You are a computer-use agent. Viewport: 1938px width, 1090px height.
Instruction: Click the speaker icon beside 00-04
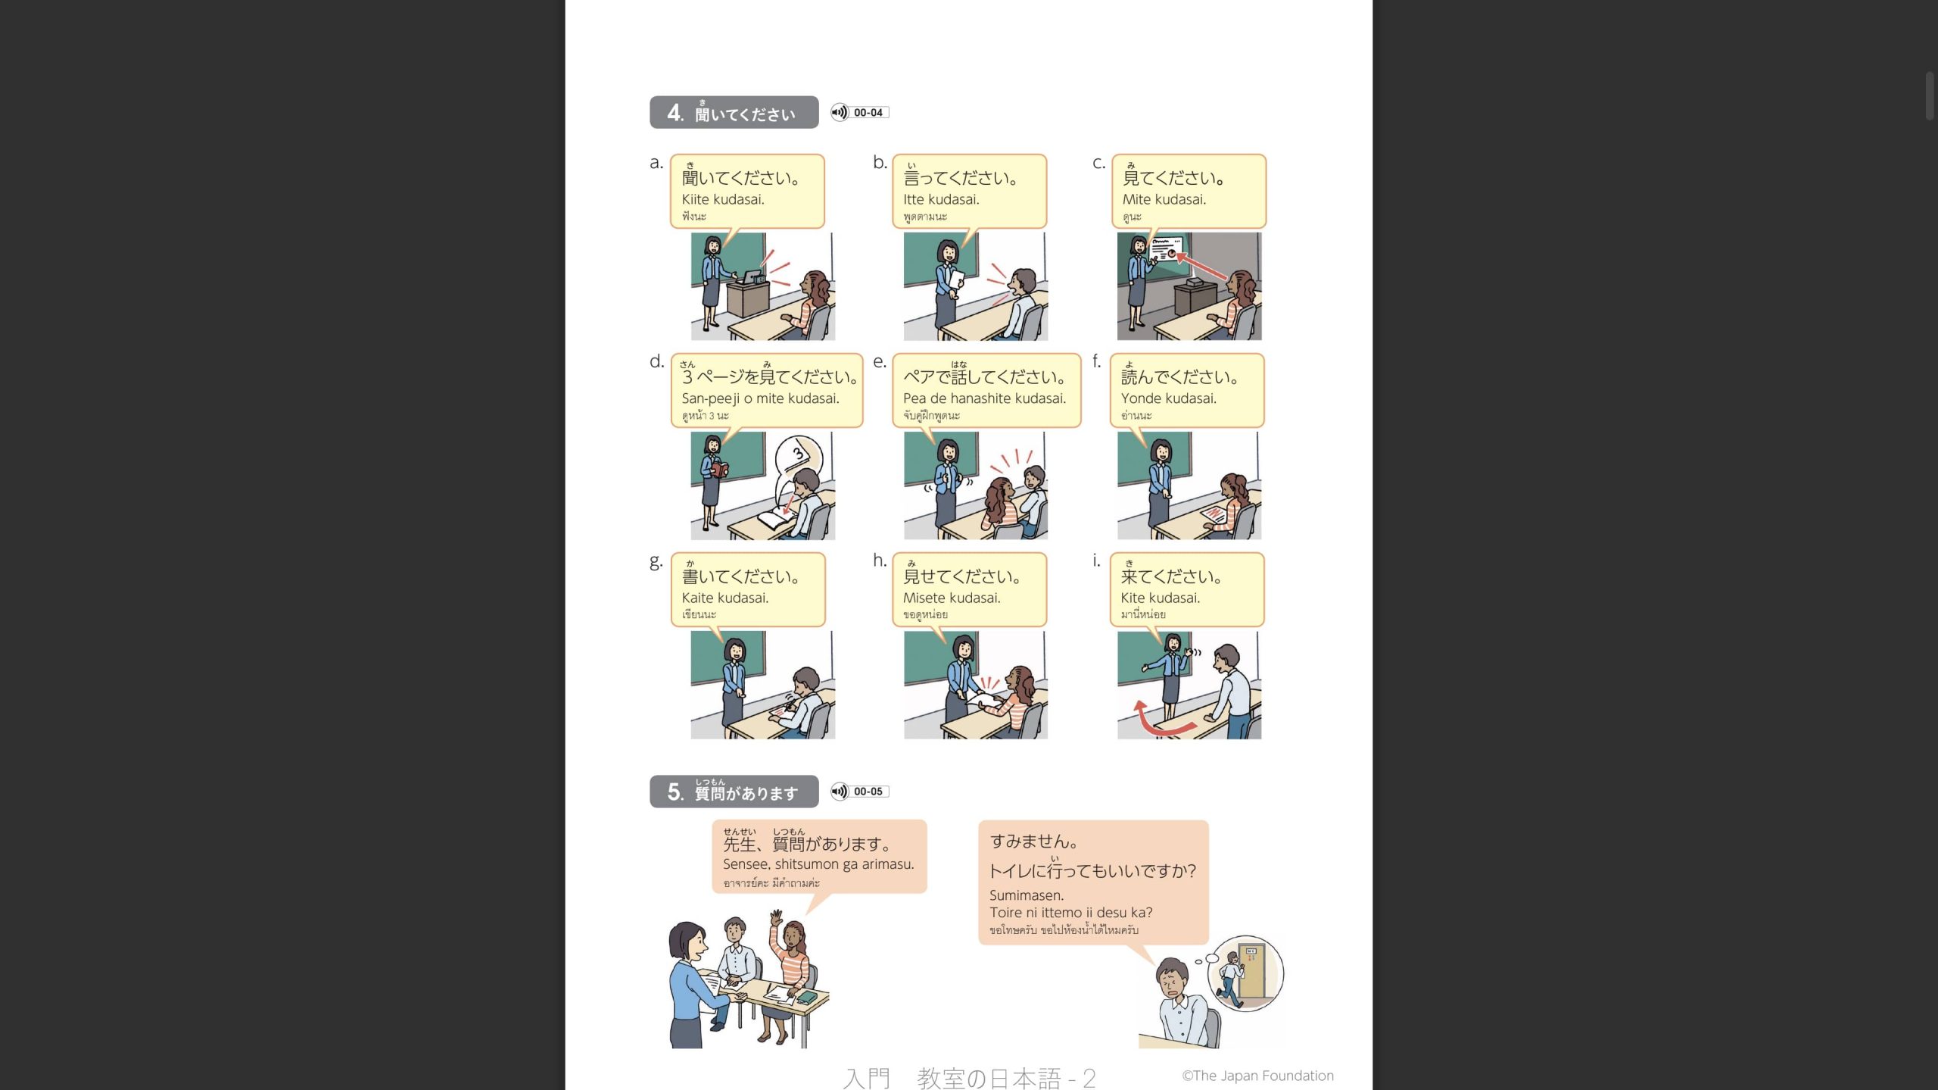click(x=840, y=113)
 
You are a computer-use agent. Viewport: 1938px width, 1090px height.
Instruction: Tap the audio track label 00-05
click(x=868, y=792)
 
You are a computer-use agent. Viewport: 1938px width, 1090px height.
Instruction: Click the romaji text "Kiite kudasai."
click(x=723, y=199)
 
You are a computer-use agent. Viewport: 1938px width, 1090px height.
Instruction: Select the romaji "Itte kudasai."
click(x=941, y=199)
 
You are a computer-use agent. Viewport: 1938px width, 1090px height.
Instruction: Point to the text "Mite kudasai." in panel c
click(x=1164, y=199)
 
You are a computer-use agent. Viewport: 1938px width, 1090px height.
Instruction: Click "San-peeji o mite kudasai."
click(x=760, y=398)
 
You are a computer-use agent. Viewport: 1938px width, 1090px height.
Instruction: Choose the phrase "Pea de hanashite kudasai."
click(x=984, y=398)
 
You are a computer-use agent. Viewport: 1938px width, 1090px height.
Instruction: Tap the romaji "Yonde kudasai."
click(x=1169, y=398)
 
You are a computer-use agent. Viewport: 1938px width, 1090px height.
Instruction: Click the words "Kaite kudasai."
click(x=725, y=598)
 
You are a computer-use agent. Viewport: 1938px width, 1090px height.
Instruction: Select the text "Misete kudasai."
click(x=952, y=598)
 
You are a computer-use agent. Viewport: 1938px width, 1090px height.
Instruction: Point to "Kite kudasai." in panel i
click(x=1161, y=598)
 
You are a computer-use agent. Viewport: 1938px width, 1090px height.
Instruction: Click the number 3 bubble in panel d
click(x=798, y=455)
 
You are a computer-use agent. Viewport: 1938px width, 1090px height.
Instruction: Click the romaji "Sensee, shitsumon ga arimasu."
click(x=818, y=864)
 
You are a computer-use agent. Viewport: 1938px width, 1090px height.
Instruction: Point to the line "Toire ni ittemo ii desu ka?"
click(x=1071, y=913)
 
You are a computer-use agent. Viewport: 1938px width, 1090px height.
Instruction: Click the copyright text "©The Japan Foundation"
click(x=1258, y=1076)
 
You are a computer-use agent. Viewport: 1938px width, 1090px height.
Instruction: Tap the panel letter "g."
click(x=656, y=561)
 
